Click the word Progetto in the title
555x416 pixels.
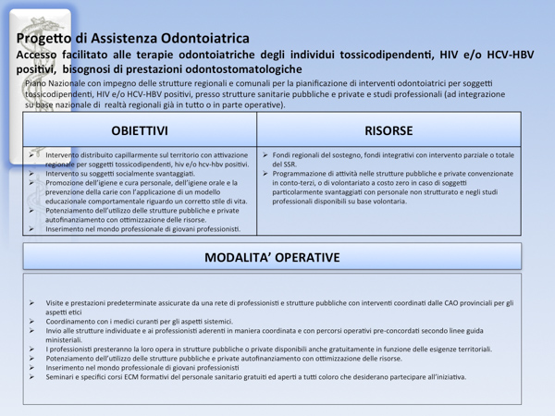point(43,39)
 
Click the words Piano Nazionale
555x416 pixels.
point(54,84)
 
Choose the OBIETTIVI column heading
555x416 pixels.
point(140,131)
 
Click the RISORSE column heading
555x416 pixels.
point(388,131)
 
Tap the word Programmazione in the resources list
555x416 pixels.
point(306,173)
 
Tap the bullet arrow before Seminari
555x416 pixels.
point(31,376)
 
